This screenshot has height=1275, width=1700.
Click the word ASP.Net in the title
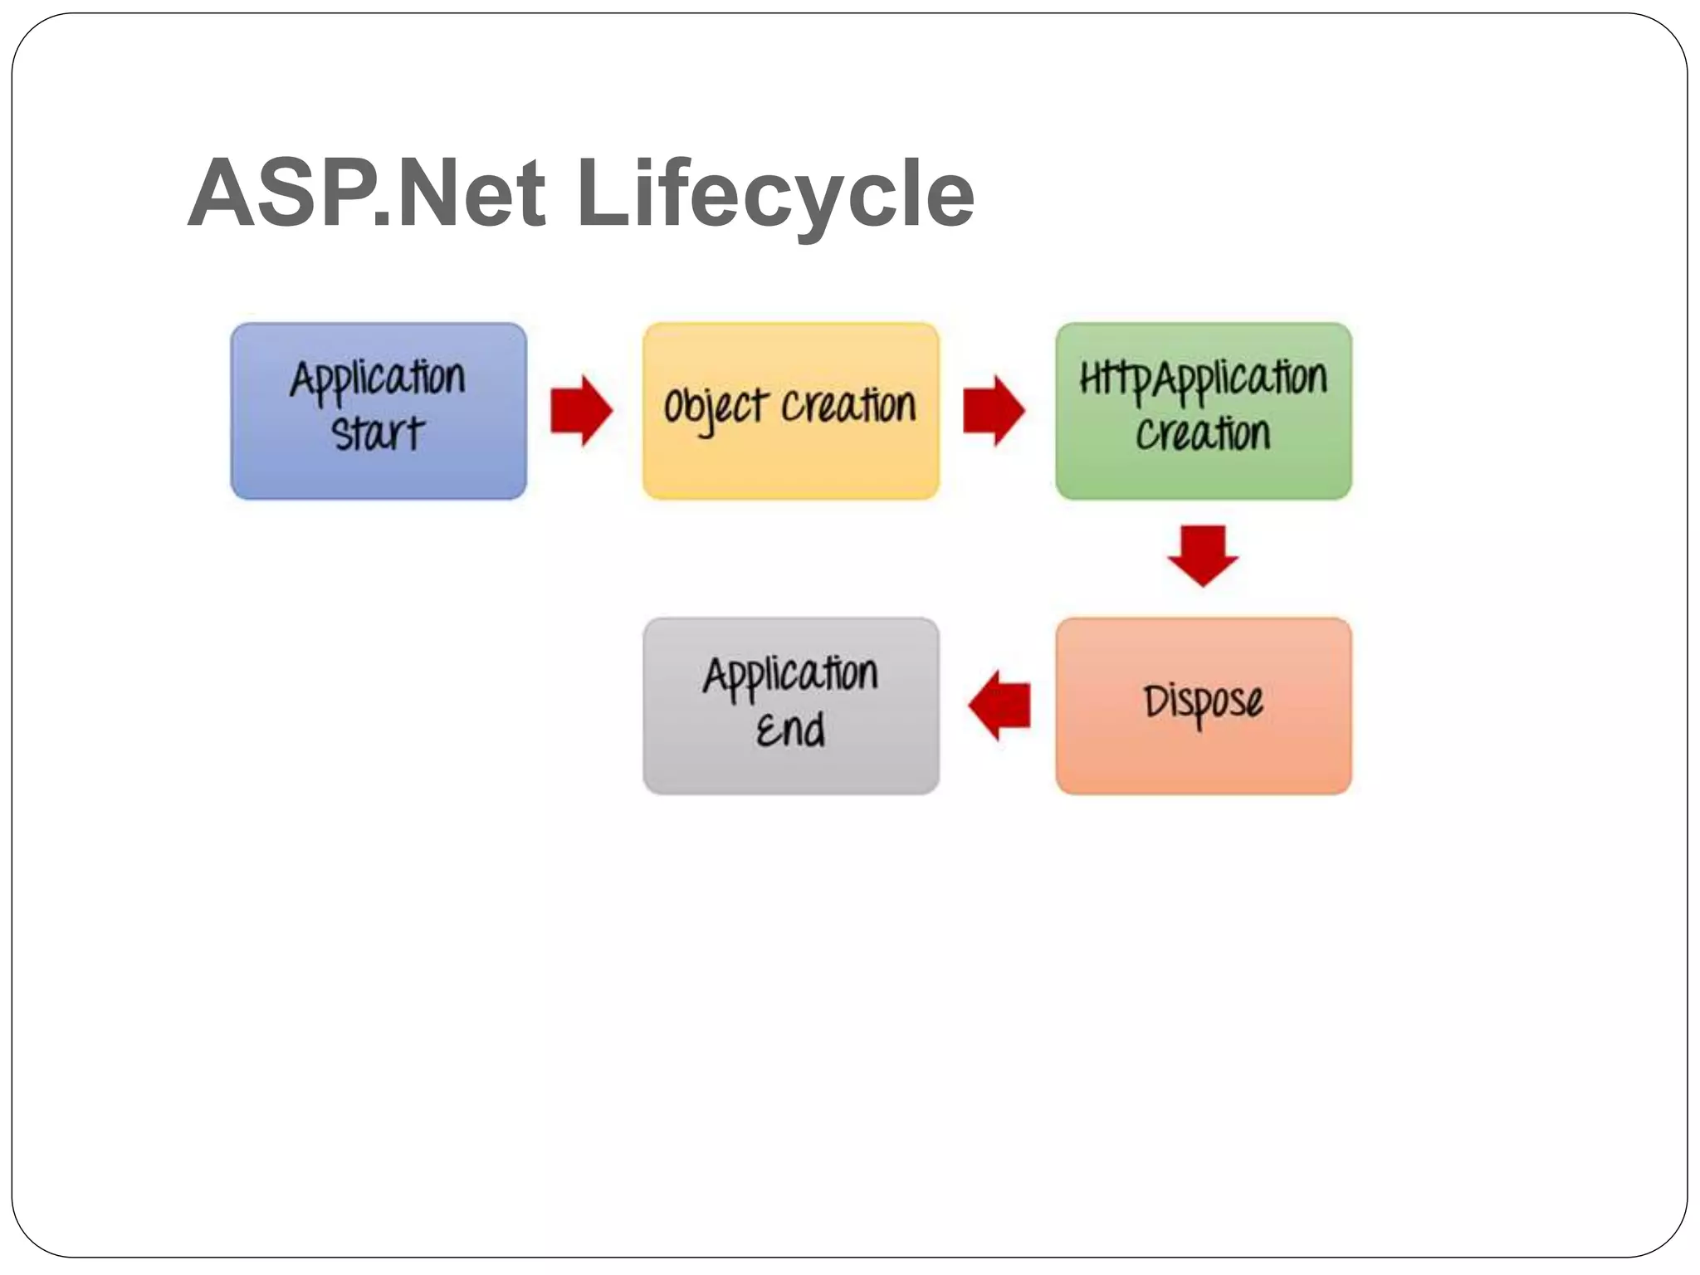[366, 193]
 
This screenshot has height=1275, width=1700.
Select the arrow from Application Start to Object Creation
[581, 411]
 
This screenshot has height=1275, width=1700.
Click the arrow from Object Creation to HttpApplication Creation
[994, 411]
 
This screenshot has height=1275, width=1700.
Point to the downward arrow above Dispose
[1203, 555]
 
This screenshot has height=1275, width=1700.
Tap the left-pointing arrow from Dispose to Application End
[999, 706]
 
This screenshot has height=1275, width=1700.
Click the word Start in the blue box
[379, 434]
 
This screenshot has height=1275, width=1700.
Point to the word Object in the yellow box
[716, 408]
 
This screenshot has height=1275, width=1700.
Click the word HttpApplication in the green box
[1203, 379]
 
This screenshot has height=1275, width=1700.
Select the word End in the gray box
[790, 730]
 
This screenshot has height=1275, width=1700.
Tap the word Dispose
[1203, 702]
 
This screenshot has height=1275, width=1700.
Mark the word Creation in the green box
[1203, 434]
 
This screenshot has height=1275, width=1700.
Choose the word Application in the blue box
[379, 379]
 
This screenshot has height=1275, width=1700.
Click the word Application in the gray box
[790, 674]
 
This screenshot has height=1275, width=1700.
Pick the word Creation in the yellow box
[848, 406]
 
